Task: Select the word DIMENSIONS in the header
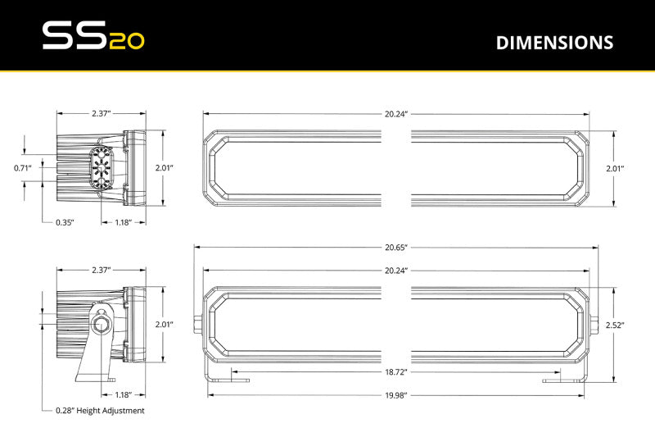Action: click(554, 43)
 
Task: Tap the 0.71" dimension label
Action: click(23, 168)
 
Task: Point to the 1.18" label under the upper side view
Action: click(123, 222)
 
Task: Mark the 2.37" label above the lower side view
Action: click(101, 270)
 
